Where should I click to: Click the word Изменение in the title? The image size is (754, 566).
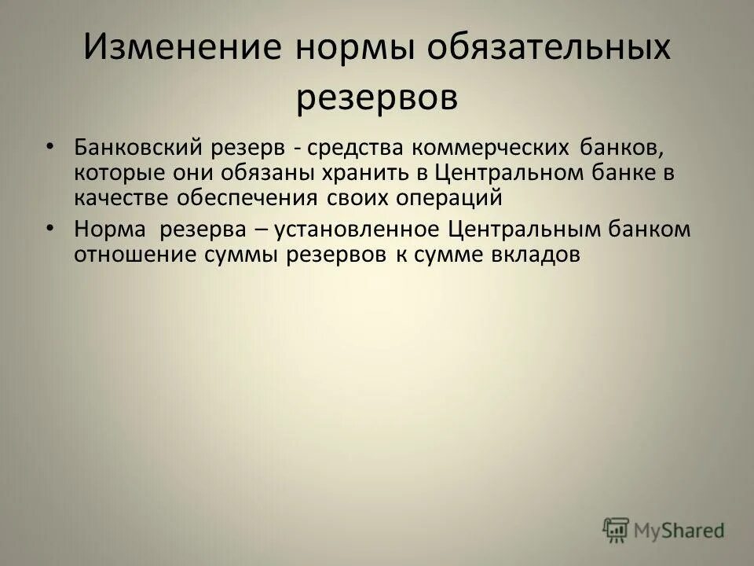coord(182,49)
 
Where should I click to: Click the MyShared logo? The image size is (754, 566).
coord(663,530)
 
